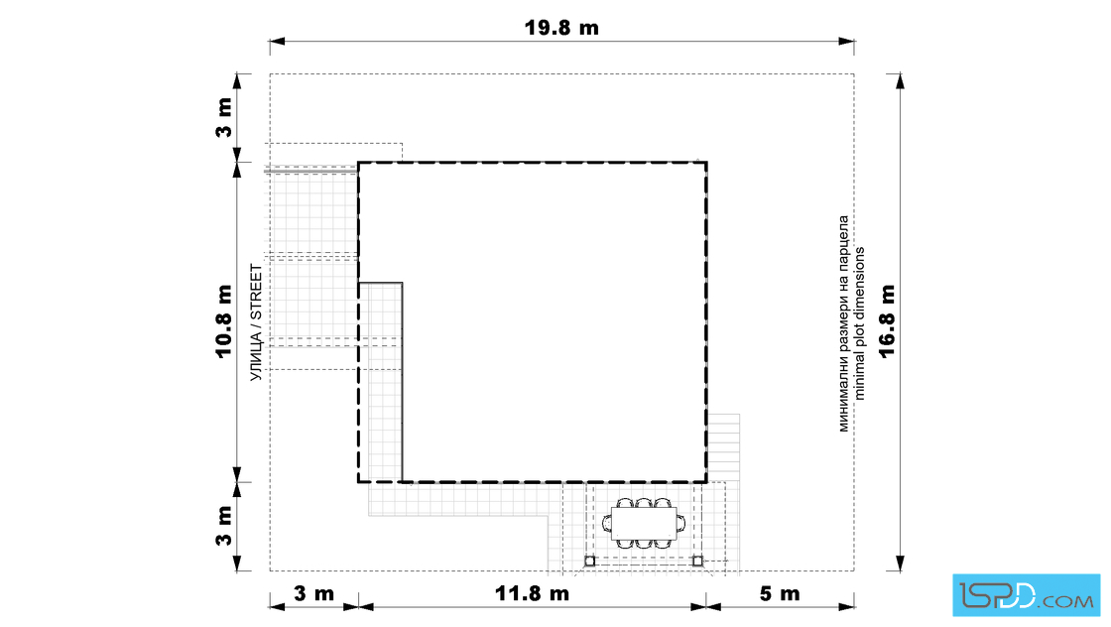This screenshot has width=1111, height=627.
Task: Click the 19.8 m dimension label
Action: click(x=561, y=28)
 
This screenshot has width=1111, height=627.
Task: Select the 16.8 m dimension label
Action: click(x=887, y=320)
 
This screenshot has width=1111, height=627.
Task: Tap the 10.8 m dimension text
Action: click(x=224, y=320)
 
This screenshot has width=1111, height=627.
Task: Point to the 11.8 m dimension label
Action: click(x=532, y=593)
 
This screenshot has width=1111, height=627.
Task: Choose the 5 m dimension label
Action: click(x=780, y=593)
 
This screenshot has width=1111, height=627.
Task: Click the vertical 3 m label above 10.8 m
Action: click(x=224, y=118)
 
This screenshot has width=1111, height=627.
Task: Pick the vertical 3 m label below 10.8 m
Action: click(x=224, y=526)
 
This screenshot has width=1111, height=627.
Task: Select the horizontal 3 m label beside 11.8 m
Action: click(x=313, y=593)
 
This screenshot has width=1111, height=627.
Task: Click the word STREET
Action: click(x=256, y=294)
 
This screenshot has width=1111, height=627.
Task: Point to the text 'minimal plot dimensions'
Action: click(x=860, y=323)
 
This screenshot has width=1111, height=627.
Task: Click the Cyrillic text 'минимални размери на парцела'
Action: click(x=843, y=323)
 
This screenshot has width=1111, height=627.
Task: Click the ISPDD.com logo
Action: click(x=1026, y=595)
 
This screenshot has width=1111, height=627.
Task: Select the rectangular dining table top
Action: click(x=644, y=524)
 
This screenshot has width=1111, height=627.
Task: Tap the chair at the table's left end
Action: click(x=607, y=524)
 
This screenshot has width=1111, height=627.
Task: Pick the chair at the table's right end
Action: click(x=680, y=524)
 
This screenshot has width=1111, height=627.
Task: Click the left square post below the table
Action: click(x=589, y=562)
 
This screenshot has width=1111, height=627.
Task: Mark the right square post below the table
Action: click(x=697, y=562)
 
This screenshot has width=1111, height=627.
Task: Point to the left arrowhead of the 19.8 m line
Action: click(x=277, y=41)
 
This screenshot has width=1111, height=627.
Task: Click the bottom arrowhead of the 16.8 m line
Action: click(x=900, y=564)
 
